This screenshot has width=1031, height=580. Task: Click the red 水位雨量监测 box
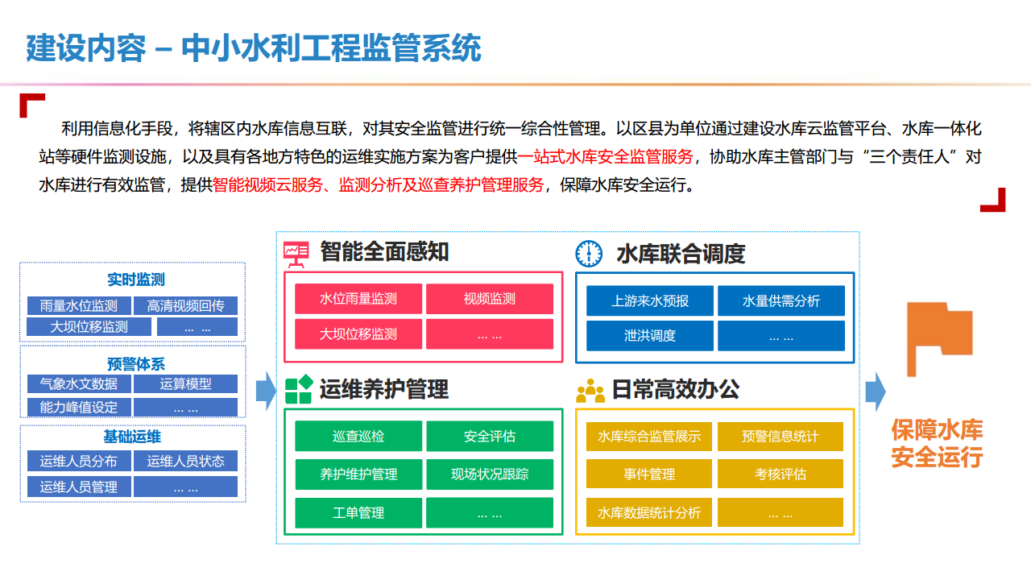358,299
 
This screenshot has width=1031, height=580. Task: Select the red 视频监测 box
489,299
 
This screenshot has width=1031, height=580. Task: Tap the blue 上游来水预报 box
649,300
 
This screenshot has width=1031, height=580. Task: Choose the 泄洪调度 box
649,336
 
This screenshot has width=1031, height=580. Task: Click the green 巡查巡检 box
358,436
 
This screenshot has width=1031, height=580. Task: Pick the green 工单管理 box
358,512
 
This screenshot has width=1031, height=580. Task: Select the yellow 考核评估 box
780,474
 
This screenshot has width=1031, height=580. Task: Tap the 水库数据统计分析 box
649,512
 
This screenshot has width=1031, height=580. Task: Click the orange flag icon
938,338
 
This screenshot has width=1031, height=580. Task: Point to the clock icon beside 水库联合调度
589,253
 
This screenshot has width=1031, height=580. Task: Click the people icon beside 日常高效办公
590,391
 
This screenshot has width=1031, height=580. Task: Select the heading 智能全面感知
384,251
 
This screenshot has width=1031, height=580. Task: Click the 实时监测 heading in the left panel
136,280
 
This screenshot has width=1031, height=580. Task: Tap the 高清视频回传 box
191,306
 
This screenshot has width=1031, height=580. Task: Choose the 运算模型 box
185,383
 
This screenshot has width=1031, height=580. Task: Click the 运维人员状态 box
185,461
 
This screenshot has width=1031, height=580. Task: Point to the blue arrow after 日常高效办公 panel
876,391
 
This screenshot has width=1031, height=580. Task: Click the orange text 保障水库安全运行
937,444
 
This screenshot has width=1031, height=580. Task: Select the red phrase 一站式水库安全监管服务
606,156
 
